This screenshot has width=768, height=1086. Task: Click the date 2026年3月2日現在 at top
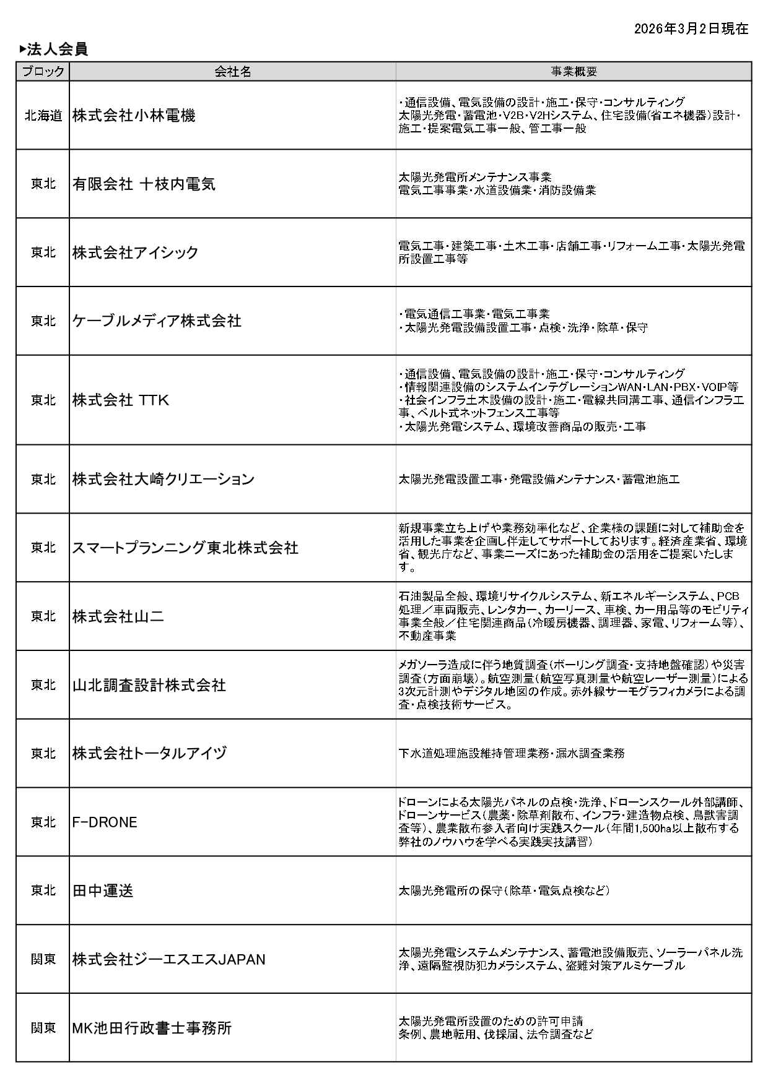click(691, 29)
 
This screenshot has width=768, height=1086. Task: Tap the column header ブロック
click(43, 72)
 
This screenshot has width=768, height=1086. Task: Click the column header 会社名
click(233, 72)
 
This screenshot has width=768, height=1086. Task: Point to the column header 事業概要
click(574, 72)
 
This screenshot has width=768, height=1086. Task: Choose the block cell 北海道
click(43, 116)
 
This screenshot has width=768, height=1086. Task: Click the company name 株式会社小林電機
click(134, 116)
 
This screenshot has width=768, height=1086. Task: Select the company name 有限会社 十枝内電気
click(144, 184)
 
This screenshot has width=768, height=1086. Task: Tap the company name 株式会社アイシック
click(135, 252)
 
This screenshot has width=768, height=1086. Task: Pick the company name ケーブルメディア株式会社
click(157, 321)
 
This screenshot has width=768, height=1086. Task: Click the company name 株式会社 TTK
click(121, 400)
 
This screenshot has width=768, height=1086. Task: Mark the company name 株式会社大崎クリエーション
click(164, 480)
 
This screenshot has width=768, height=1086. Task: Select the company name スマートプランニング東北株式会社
click(185, 548)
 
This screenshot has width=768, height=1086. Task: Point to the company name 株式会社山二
click(118, 616)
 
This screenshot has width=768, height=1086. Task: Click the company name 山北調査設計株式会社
click(149, 685)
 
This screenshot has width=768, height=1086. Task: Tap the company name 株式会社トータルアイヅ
click(150, 753)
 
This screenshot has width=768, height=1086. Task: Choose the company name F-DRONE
click(105, 822)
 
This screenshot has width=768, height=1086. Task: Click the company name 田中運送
click(103, 890)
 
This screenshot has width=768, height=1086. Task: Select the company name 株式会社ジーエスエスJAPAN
click(168, 959)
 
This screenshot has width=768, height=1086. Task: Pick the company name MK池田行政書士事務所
click(152, 1028)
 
